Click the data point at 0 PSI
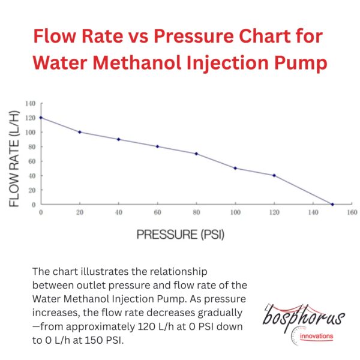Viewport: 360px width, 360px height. click(41, 118)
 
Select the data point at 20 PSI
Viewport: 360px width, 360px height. click(80, 132)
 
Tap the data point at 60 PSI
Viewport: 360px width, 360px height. click(157, 146)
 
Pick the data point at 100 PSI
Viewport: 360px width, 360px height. click(235, 168)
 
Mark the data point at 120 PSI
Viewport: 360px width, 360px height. click(274, 175)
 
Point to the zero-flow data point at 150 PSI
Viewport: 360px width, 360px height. click(332, 205)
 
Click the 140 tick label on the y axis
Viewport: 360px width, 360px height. click(31, 103)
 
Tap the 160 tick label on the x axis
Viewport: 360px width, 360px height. click(352, 212)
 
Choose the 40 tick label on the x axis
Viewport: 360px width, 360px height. click(119, 212)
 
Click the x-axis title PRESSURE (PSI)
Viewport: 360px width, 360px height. click(181, 234)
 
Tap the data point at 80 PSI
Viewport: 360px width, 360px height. click(196, 154)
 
